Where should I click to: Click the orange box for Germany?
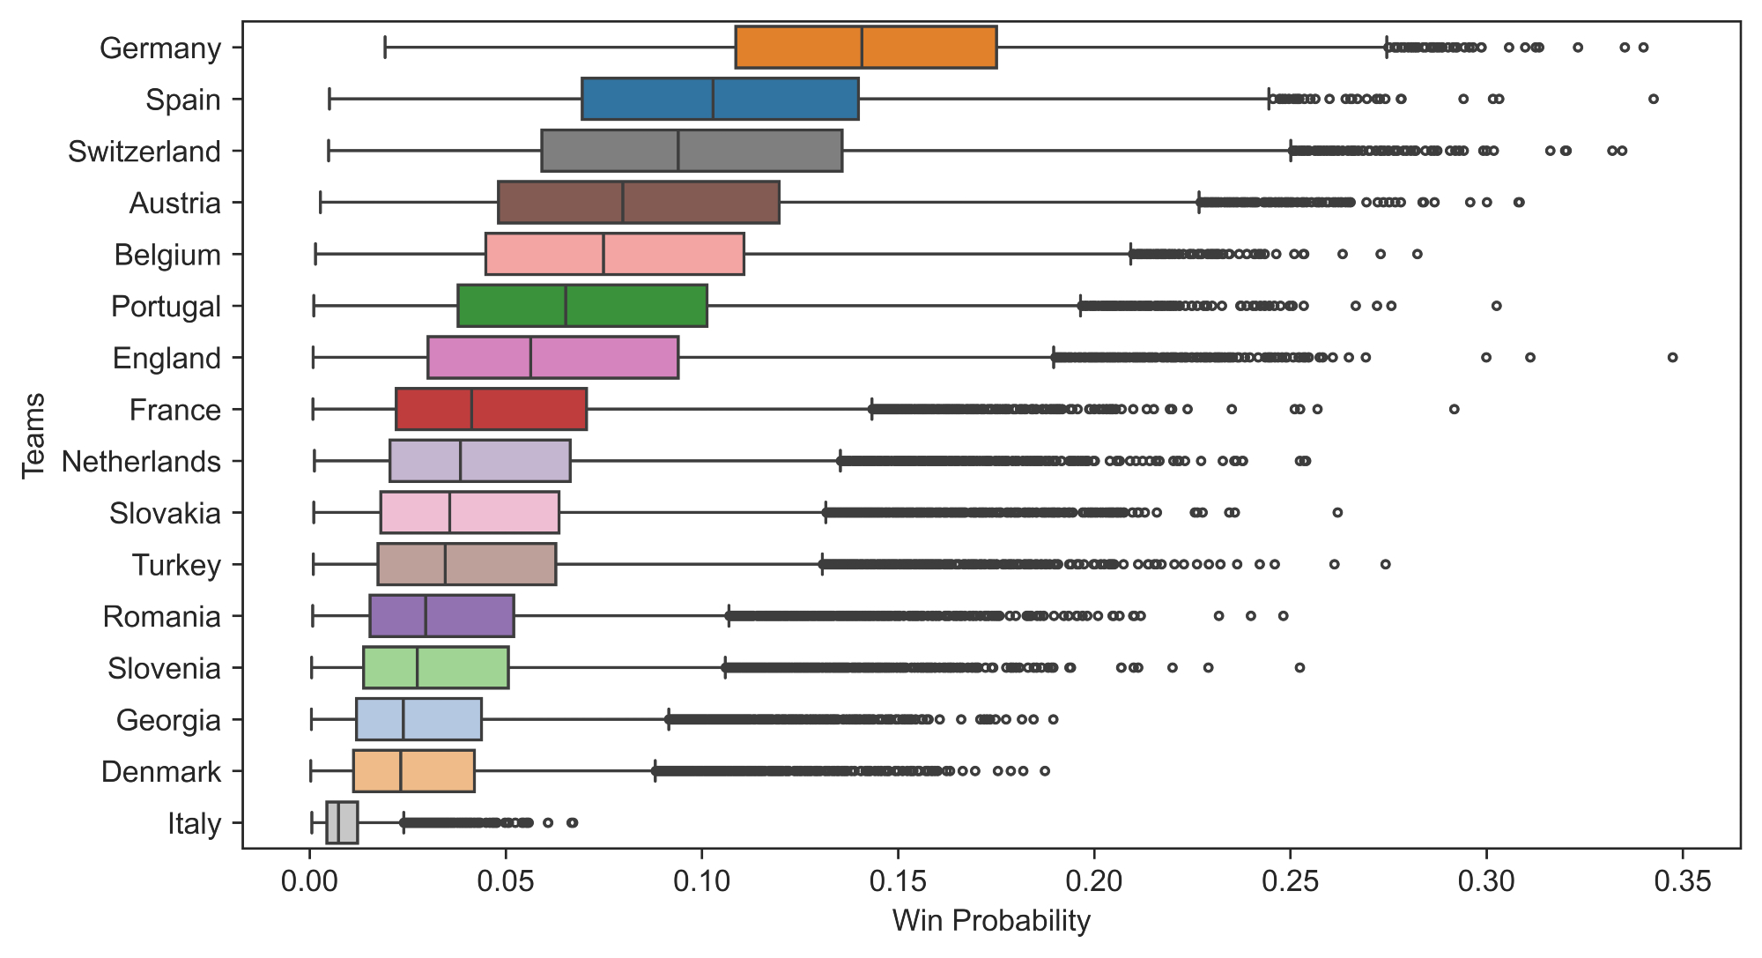[865, 48]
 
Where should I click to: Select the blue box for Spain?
[719, 99]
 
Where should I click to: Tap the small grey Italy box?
[342, 823]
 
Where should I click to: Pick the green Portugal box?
[581, 306]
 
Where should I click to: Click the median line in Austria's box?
[623, 203]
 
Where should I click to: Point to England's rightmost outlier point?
[1672, 357]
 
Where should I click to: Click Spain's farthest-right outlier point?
[1653, 99]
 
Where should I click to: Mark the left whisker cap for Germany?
[385, 48]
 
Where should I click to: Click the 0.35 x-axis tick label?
[1683, 880]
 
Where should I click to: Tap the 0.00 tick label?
[310, 880]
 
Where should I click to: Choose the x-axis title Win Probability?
[991, 921]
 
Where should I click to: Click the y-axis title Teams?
[33, 435]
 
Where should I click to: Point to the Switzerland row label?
[144, 152]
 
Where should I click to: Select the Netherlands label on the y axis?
[141, 462]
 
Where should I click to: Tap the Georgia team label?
[168, 721]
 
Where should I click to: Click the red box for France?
[491, 409]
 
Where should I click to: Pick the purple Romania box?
[441, 616]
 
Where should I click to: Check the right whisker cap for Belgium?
[1130, 254]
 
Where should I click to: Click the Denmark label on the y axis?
[161, 772]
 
